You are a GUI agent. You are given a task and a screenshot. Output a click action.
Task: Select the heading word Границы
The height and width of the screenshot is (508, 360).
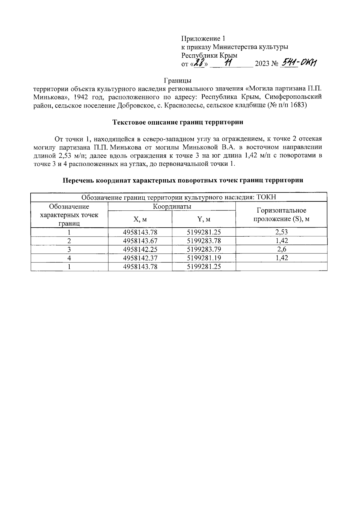pos(178,80)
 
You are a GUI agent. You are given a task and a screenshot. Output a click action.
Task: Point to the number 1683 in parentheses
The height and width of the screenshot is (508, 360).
pos(296,106)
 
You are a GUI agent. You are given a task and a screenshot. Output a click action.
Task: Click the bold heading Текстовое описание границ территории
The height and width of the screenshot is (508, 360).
pos(178,122)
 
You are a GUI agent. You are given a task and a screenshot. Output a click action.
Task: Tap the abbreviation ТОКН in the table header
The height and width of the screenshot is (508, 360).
pos(266,197)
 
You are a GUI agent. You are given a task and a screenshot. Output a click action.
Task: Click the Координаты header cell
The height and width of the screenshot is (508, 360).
pos(172,207)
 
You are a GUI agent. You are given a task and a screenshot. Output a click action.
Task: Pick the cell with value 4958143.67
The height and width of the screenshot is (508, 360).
pos(140,241)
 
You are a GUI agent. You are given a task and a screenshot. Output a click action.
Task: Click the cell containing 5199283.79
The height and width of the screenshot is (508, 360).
pos(204,249)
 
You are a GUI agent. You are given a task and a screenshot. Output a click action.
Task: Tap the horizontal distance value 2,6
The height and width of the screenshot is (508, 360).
pos(281,249)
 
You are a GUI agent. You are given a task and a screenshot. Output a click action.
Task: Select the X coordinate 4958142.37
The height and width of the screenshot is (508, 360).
pos(140,258)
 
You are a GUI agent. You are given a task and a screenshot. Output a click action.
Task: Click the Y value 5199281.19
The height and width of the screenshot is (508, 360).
pos(204,258)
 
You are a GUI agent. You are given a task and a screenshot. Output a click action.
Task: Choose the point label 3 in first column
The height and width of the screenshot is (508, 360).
pos(69,249)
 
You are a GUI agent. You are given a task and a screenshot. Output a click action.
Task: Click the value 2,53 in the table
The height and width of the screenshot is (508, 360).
pos(281,232)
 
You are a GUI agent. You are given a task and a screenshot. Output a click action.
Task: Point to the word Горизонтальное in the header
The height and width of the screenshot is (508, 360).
pos(281,210)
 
